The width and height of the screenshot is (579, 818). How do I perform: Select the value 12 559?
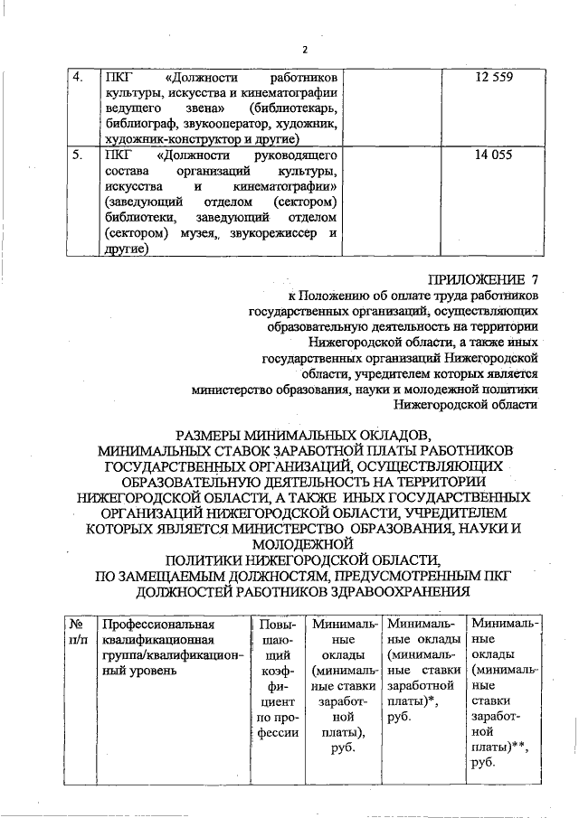pyautogui.click(x=493, y=78)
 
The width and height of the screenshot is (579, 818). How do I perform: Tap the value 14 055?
pyautogui.click(x=493, y=155)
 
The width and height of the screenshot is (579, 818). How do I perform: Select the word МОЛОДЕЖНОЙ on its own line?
pyautogui.click(x=305, y=544)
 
